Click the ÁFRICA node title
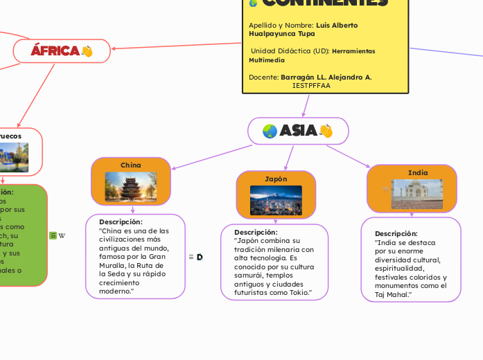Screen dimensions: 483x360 55,51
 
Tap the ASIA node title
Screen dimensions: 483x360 299,131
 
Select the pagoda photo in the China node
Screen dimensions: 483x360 131,186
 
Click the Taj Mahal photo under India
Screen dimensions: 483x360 417,194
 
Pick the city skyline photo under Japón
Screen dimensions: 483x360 276,200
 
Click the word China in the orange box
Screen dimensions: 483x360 131,165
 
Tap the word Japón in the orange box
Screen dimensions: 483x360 276,179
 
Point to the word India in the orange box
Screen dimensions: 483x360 418,172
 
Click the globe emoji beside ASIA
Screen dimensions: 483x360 270,131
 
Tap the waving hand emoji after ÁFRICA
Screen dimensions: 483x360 87,51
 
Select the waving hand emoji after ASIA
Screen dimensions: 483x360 326,131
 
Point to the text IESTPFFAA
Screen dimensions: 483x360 311,86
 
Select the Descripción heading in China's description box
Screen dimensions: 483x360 121,222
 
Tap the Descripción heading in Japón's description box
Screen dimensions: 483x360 256,232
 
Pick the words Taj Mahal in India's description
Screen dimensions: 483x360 391,295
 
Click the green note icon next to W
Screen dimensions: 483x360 53,235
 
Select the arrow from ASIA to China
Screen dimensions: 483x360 211,157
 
